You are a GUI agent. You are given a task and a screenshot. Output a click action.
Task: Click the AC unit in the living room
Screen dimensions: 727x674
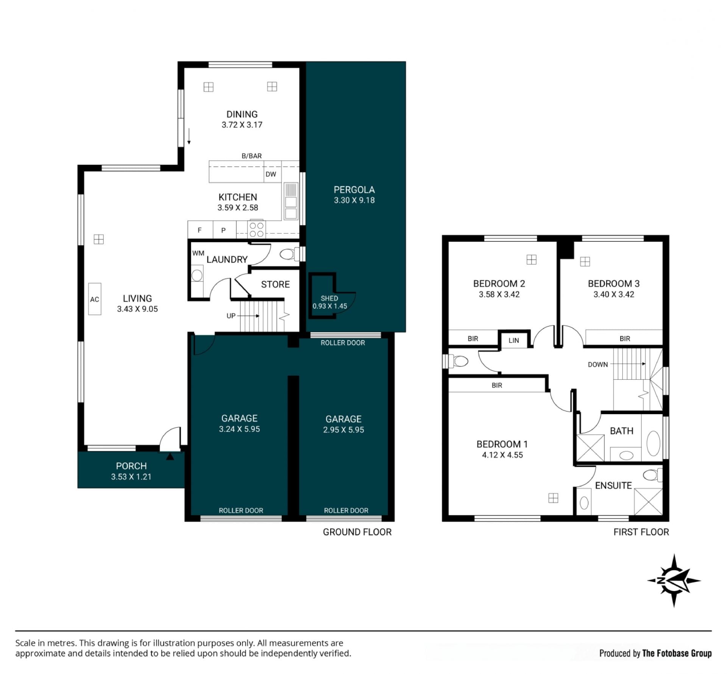coord(95,299)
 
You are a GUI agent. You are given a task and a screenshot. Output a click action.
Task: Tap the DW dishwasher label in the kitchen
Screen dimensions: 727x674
coord(271,174)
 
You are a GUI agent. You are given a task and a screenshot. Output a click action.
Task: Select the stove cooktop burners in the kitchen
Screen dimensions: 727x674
coord(256,230)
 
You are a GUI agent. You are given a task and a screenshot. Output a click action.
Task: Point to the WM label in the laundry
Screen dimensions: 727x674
coord(198,253)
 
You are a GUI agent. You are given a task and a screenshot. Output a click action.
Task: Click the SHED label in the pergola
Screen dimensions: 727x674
coord(329,298)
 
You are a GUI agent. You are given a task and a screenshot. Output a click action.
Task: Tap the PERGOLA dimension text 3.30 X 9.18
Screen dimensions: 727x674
coord(354,200)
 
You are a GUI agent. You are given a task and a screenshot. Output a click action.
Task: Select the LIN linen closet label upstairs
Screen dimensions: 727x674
coord(513,340)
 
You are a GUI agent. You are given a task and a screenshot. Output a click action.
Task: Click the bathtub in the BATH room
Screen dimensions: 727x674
coord(653,443)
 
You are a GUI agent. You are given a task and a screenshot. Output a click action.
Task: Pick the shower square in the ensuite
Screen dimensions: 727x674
coord(648,502)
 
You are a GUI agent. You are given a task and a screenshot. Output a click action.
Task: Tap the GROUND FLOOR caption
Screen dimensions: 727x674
coord(357,532)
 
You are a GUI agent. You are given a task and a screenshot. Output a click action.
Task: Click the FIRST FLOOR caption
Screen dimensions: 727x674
coord(641,532)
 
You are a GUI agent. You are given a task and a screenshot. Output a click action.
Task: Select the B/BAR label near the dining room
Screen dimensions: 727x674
coord(251,156)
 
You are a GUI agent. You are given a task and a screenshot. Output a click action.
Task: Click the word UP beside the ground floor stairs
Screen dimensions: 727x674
coord(231,316)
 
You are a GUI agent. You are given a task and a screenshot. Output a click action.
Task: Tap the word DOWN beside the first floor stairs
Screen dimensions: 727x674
coord(598,364)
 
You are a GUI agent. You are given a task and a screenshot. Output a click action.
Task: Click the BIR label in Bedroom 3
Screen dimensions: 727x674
coord(625,339)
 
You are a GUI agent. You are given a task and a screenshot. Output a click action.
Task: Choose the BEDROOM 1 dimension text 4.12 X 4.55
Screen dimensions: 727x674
coord(502,455)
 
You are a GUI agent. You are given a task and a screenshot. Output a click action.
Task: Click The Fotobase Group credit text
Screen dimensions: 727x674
coord(677,653)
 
